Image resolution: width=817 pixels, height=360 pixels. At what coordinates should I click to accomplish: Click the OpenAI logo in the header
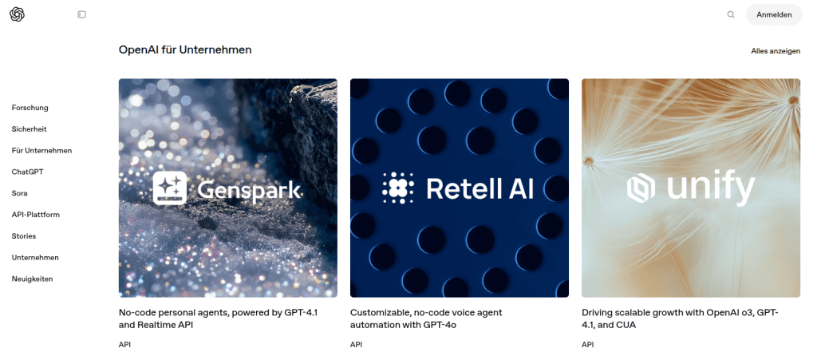(18, 14)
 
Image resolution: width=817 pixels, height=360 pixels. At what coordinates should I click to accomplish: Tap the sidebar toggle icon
(82, 14)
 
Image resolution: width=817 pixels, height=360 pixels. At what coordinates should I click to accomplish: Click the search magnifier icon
(731, 14)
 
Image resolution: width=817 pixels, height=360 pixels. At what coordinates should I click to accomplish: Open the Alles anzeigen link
(776, 51)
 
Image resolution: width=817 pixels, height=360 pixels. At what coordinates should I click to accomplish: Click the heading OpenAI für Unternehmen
(185, 50)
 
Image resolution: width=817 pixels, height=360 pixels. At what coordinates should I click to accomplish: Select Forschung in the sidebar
(30, 108)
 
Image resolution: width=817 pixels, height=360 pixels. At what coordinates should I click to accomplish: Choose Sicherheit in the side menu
(30, 129)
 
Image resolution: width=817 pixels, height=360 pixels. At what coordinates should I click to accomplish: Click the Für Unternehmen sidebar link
(41, 151)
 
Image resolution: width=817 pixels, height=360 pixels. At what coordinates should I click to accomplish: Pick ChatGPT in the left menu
(28, 172)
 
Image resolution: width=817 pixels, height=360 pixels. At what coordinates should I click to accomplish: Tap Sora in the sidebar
(19, 193)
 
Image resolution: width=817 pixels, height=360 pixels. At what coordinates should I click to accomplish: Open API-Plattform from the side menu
(35, 215)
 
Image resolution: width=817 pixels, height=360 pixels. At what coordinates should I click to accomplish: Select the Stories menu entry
(24, 236)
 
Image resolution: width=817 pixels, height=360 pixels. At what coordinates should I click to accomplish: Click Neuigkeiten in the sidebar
(32, 279)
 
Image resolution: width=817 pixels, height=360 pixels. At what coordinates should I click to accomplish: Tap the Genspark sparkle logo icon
(170, 188)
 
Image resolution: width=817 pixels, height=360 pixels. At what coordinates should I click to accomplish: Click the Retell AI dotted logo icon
(398, 188)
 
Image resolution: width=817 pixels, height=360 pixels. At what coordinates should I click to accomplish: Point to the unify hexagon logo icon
(641, 188)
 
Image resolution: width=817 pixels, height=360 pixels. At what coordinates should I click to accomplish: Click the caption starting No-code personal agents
(219, 318)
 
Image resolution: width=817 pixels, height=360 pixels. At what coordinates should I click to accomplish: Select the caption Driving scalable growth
(680, 318)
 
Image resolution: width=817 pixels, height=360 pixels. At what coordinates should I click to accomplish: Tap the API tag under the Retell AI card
(356, 344)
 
